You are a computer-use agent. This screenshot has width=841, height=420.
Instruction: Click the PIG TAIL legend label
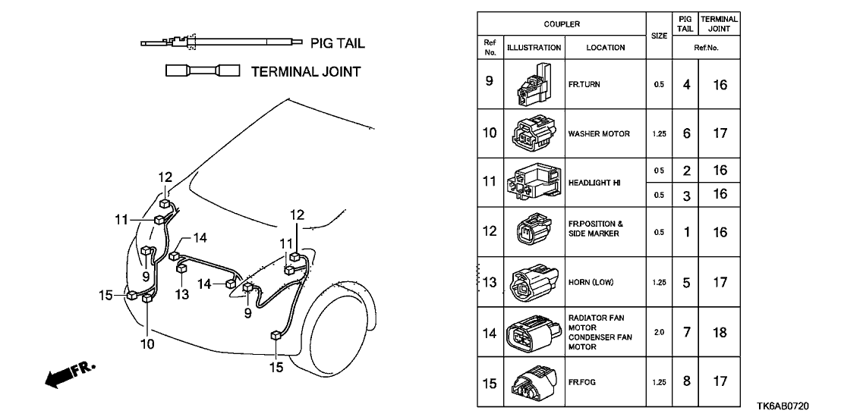(x=338, y=43)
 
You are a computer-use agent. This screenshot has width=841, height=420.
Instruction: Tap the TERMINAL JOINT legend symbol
(x=203, y=71)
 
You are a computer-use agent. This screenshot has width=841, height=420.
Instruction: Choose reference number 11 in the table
(x=490, y=183)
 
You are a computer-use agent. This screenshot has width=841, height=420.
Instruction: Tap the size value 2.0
(x=658, y=332)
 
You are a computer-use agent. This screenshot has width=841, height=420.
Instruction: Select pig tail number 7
(x=686, y=332)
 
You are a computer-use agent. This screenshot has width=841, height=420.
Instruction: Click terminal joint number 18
(x=720, y=332)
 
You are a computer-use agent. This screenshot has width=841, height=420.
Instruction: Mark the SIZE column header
(x=658, y=36)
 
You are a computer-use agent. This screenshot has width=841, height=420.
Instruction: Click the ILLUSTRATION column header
(x=534, y=48)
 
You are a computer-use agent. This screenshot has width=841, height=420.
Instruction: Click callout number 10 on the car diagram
(x=147, y=343)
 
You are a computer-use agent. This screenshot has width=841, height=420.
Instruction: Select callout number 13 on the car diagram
(x=182, y=293)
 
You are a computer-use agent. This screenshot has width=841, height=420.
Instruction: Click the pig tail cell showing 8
(x=686, y=381)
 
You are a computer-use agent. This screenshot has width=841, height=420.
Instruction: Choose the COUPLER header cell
(x=562, y=24)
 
